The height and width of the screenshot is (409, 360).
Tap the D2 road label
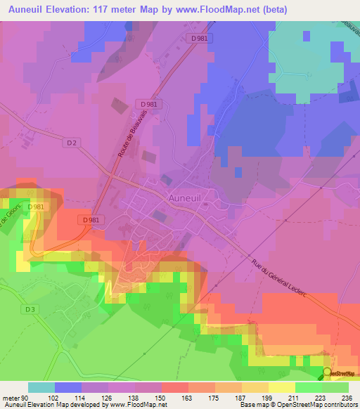tap(70, 143)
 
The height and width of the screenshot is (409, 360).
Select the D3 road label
tap(30, 309)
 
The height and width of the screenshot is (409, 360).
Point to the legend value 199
tap(268, 397)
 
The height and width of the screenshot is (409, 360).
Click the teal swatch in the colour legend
tap(41, 387)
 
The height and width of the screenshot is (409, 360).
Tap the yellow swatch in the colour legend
tap(281, 387)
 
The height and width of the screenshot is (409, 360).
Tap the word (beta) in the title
tap(270, 10)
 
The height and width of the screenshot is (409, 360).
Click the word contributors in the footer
tap(336, 405)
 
